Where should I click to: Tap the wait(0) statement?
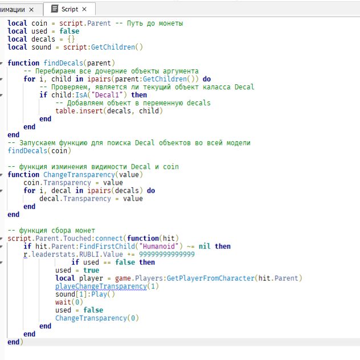tap(67, 302)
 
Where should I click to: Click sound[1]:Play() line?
tap(85, 294)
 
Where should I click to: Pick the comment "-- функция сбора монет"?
tap(51, 231)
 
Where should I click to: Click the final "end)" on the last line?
tap(15, 342)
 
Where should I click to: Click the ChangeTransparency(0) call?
tap(97, 318)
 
